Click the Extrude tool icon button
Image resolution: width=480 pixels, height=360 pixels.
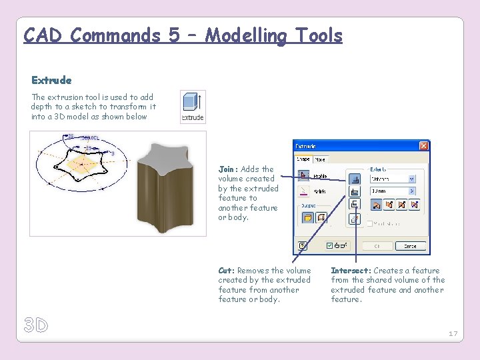tap(193, 107)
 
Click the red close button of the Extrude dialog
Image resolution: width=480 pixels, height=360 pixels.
tap(423, 146)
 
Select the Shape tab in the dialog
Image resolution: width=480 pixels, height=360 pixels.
tap(303, 159)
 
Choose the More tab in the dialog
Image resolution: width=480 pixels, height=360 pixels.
tap(321, 159)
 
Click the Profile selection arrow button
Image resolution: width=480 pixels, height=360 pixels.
tap(303, 176)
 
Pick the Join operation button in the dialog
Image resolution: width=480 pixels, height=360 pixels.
tap(355, 178)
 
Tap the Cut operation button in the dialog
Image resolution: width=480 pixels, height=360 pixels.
tap(355, 191)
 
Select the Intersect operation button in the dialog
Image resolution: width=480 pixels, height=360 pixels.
tap(355, 205)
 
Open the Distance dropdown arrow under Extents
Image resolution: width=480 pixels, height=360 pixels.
tap(411, 178)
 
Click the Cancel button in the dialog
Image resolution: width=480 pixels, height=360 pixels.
tap(410, 245)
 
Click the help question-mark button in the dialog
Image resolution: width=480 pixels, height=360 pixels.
tap(303, 245)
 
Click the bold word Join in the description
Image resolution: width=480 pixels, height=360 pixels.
tap(227, 169)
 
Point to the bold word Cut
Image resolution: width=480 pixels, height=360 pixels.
tap(226, 271)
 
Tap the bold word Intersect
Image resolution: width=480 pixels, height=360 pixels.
tap(351, 271)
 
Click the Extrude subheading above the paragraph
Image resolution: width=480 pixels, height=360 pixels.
tap(51, 81)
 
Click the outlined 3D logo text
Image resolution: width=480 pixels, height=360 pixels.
tap(36, 325)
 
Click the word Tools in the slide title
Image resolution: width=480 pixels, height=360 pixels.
tap(315, 35)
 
